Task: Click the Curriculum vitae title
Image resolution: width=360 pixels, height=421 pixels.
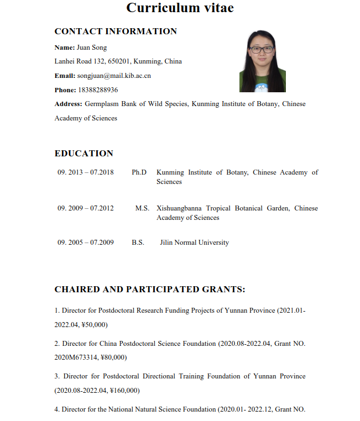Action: pos(180,8)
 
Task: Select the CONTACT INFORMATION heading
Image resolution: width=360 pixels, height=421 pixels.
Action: pos(116,31)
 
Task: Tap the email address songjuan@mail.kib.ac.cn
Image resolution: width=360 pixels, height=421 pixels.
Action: pos(114,76)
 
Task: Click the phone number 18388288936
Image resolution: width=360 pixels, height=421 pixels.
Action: pos(98,90)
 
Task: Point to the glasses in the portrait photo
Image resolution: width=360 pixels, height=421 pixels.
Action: pos(262,50)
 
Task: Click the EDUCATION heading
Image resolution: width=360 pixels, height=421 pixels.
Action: pos(84,154)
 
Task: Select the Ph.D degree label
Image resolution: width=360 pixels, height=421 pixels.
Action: pos(139,172)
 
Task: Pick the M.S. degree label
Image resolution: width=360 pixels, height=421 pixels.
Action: pos(142,208)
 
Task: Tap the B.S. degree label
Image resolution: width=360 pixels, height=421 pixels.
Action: pos(138,243)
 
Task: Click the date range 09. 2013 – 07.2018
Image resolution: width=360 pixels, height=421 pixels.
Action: pos(86,172)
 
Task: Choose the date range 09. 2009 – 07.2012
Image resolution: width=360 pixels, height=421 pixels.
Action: pos(86,208)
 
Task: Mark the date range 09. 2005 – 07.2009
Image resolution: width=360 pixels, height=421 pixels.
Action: pos(86,243)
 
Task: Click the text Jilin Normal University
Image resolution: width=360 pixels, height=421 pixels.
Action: pos(194,243)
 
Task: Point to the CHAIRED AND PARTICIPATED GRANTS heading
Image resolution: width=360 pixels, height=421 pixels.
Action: pos(150,290)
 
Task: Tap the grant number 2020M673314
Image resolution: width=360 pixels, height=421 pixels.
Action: pos(75,357)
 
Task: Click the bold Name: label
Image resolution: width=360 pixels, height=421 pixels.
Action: pos(65,48)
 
